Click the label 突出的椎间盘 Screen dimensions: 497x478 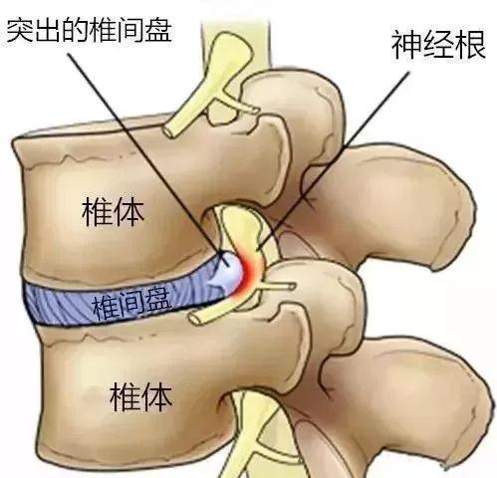click(x=89, y=31)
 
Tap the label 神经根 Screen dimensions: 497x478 click(x=438, y=45)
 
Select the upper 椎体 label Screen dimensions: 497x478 click(x=114, y=212)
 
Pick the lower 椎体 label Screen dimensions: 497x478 click(x=141, y=396)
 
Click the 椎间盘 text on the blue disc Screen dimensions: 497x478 click(x=132, y=303)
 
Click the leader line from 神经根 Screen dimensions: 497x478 click(x=333, y=160)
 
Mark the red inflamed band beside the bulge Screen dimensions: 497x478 click(x=251, y=272)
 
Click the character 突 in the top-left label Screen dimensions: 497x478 click(x=20, y=31)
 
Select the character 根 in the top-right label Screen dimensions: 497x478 click(x=470, y=45)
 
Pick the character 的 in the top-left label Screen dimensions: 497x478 click(x=76, y=31)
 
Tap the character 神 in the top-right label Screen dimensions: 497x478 click(x=406, y=45)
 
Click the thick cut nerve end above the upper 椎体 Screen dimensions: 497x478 click(x=170, y=130)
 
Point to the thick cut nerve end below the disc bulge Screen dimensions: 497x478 click(x=196, y=319)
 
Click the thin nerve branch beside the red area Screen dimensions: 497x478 click(x=277, y=287)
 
